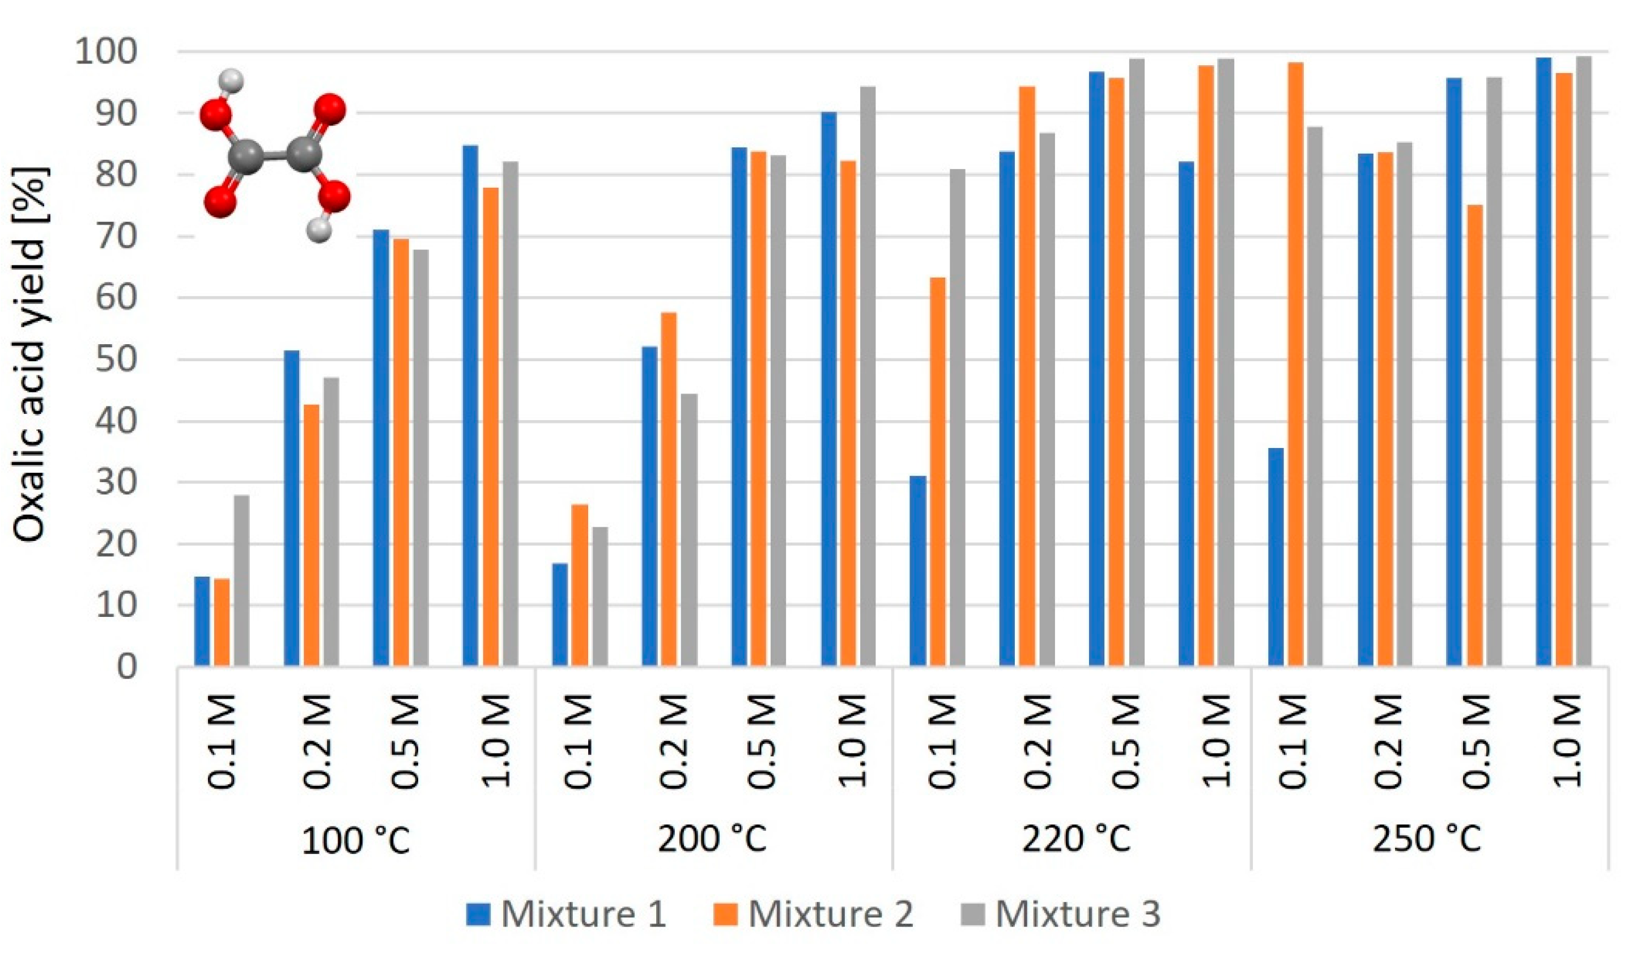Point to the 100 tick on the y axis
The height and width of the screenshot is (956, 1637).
point(106,52)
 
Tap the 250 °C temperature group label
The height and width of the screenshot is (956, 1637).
point(1427,839)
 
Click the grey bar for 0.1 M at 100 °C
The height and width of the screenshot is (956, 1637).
point(241,581)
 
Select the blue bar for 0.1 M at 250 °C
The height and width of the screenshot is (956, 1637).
point(1276,557)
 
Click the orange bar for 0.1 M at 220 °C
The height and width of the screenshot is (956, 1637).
point(937,471)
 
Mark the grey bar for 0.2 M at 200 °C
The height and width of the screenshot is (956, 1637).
point(689,530)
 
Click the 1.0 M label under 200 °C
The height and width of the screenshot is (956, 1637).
point(852,741)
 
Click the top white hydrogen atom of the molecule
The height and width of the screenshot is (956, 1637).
point(231,81)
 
